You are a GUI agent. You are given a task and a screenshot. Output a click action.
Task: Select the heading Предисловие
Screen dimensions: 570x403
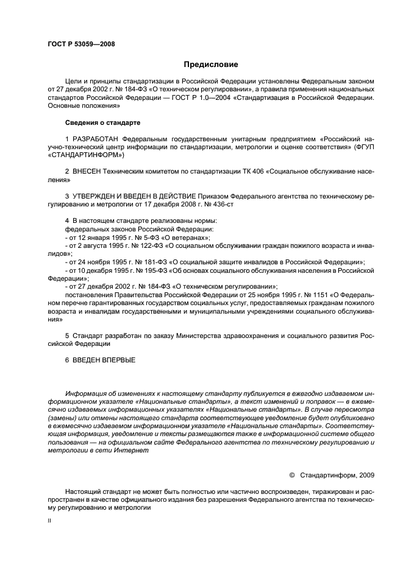click(211, 64)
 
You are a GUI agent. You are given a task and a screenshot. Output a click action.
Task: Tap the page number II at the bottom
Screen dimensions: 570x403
click(50, 521)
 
